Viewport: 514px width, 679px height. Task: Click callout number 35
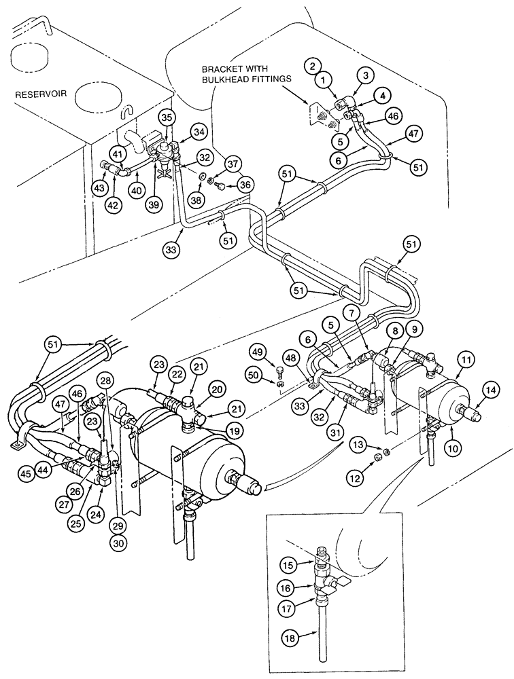click(167, 117)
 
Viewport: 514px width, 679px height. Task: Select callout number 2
click(311, 66)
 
